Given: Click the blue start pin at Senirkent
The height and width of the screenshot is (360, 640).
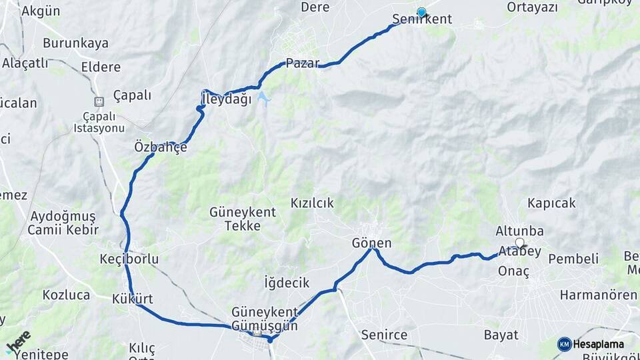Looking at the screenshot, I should (421, 12).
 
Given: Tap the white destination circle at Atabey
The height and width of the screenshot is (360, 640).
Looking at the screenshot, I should (519, 243).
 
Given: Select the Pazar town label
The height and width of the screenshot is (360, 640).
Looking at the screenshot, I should (303, 63).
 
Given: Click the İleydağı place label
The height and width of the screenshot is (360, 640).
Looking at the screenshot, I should (226, 100).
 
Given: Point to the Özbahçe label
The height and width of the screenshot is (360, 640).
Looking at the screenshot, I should (160, 147).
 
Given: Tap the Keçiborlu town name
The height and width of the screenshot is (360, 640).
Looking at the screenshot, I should (129, 259).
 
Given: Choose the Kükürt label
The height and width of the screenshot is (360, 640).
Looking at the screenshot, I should (133, 298).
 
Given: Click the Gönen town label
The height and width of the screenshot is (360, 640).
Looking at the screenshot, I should (371, 243).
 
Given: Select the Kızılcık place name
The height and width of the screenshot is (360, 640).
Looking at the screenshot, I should (312, 203).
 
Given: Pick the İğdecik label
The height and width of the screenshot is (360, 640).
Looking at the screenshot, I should (287, 283).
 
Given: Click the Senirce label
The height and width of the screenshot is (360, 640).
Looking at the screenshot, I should (383, 335).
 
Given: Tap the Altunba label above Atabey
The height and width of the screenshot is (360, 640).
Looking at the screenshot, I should (519, 231).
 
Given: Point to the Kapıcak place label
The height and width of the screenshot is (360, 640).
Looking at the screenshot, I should (551, 203).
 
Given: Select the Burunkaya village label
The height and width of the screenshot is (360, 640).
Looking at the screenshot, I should (75, 43).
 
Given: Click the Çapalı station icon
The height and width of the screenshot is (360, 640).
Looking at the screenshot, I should (99, 101).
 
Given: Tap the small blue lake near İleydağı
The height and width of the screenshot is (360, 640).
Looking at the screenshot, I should (264, 99).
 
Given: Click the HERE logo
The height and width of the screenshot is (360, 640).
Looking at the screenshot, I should (18, 341).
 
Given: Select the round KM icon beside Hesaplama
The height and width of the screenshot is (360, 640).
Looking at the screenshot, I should (564, 344).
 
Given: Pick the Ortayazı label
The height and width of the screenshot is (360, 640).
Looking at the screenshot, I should (531, 7).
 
